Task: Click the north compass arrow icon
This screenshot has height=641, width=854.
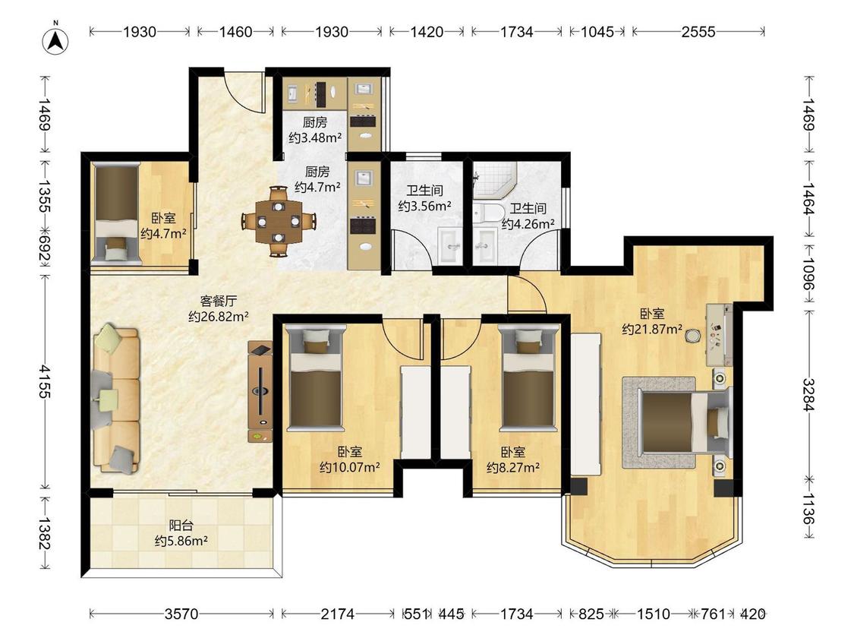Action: pos(55,39)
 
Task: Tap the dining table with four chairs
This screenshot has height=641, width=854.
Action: pos(279,221)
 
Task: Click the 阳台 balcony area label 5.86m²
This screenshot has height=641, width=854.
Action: pos(181,534)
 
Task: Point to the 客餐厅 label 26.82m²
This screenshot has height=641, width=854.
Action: pos(219,308)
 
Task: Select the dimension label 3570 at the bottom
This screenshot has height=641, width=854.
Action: pos(181,614)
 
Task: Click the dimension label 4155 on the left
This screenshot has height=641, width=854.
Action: pos(45,381)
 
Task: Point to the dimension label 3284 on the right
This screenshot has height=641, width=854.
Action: pos(808,395)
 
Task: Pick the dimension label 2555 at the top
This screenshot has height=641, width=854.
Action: pos(698,32)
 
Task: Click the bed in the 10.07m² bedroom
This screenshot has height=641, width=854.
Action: pos(316,376)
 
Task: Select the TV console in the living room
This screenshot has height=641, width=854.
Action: pos(260,391)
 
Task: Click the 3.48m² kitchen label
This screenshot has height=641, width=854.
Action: pos(315,131)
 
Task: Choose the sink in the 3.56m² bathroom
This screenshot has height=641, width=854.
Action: pos(450,246)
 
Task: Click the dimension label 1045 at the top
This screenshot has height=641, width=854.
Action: pos(597,32)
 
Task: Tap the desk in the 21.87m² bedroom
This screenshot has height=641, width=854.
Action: pos(719,335)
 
